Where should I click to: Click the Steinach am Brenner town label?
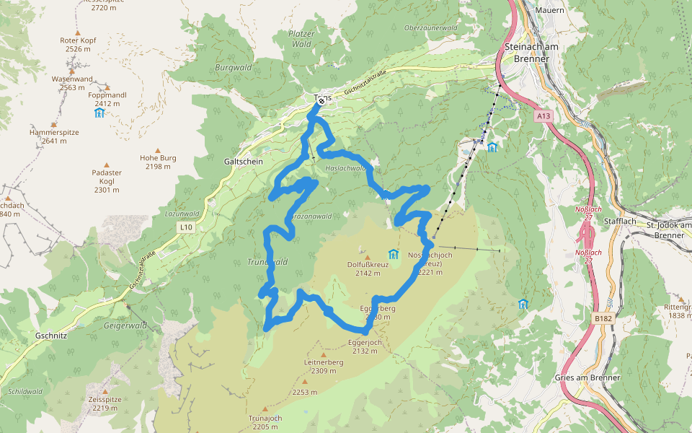click(533, 52)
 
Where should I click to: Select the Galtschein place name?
click(244, 162)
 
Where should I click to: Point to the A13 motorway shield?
click(543, 115)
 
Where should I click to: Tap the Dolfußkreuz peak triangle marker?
click(367, 256)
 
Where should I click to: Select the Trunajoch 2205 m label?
click(265, 422)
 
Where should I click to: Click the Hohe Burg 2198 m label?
click(158, 162)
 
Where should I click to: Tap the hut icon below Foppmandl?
click(99, 113)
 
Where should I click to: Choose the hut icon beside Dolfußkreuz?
click(394, 254)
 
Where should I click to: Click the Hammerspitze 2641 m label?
click(54, 136)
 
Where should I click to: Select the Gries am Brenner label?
click(588, 378)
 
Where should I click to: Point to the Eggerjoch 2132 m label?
click(364, 346)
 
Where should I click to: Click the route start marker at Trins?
click(321, 101)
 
